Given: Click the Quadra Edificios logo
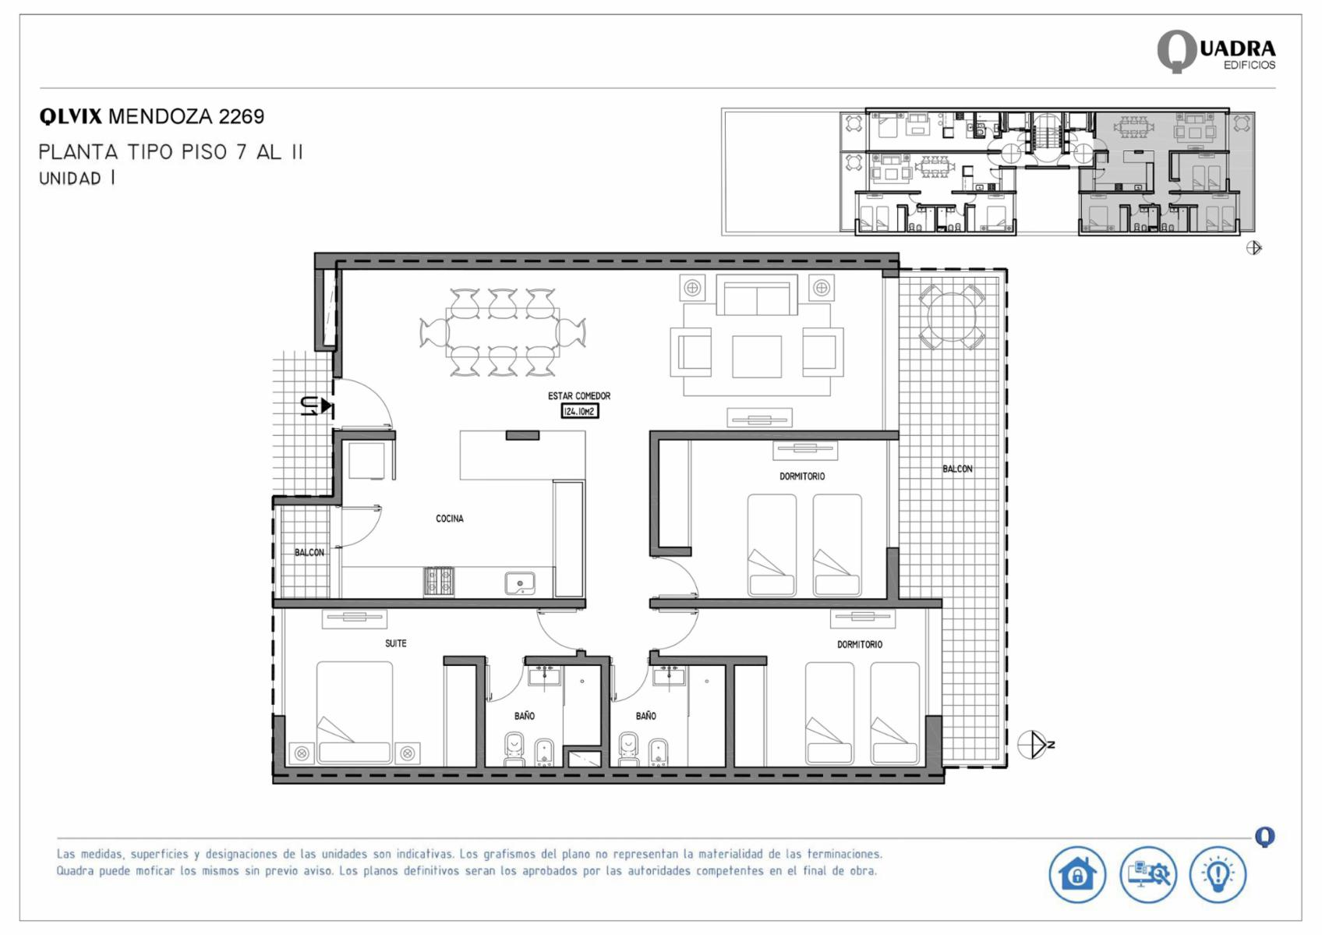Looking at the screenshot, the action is click(1216, 51).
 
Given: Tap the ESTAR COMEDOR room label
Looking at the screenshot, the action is click(579, 396).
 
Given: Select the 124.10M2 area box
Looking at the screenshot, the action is click(580, 412).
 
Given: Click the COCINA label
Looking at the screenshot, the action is click(450, 519).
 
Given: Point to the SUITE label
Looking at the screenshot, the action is click(395, 643).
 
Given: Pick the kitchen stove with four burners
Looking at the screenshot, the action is click(439, 582).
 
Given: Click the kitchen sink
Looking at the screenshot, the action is click(520, 584).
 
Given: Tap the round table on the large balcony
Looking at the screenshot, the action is click(951, 317).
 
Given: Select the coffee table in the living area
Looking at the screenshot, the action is click(757, 356).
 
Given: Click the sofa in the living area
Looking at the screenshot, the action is click(757, 295).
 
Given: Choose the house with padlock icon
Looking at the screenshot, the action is click(1077, 874).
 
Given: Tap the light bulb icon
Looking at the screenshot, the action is click(1218, 874).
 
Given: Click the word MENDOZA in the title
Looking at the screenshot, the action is click(161, 116).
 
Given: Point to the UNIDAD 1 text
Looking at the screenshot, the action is click(76, 179).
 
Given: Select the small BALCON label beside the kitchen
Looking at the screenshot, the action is click(309, 552).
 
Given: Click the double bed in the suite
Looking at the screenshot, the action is click(354, 713).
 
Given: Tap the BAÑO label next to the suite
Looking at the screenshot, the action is click(524, 716).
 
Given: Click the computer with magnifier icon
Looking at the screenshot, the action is click(1148, 874).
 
